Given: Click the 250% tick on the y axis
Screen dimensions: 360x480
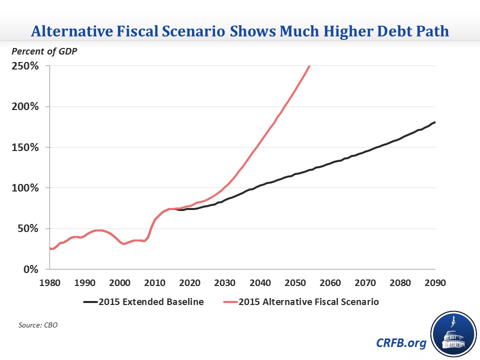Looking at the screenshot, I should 24,66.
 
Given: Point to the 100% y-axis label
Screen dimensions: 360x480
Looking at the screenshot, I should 24,188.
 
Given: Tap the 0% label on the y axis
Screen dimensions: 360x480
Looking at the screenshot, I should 30,269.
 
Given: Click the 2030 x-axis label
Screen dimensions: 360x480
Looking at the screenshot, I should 225,282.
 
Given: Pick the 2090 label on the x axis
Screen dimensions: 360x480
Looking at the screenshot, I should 435,282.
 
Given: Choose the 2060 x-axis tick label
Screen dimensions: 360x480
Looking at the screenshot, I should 330,282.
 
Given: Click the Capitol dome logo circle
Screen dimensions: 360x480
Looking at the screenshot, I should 451,332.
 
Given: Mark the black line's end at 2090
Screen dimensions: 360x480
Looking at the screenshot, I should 435,122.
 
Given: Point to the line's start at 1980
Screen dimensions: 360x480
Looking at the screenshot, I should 50,248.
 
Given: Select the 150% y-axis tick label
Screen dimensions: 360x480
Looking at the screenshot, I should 24,147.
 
